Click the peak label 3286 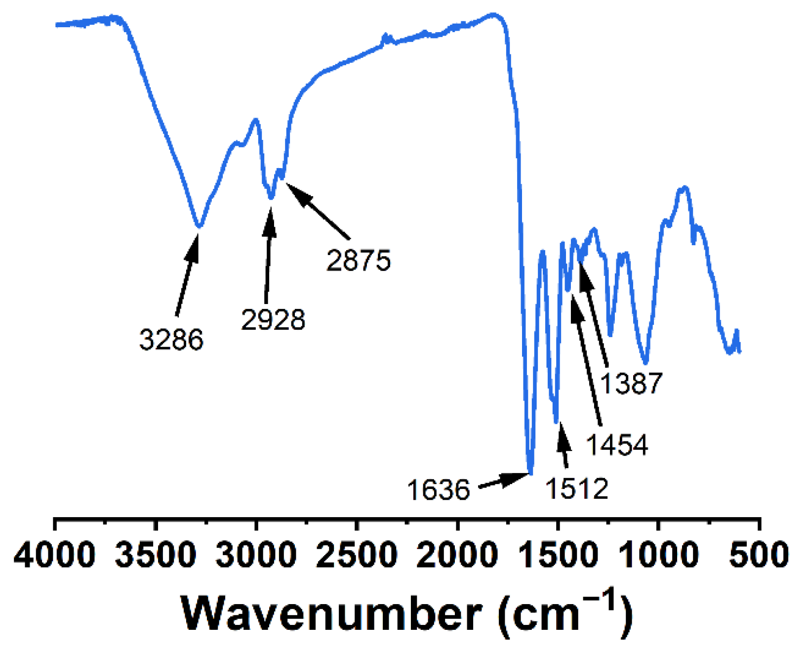point(171,340)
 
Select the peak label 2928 point(273,319)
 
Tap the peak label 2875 point(359,260)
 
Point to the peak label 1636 point(439,490)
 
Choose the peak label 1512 point(577,489)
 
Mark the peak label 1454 point(617,444)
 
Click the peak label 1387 point(631,383)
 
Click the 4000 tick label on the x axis point(54,554)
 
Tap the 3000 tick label point(256,554)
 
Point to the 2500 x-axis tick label point(357,554)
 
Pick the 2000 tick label point(457,554)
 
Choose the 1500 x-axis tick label point(558,554)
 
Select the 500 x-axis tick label point(759,554)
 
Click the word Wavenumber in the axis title point(332,614)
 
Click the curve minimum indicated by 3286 point(199,226)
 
